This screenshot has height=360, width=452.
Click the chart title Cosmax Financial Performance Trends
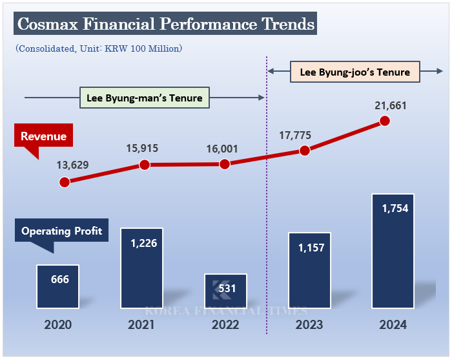click(166, 24)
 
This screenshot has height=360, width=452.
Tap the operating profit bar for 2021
click(142, 268)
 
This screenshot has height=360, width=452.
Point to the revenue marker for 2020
click(64, 182)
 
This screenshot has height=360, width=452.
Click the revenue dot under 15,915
click(145, 165)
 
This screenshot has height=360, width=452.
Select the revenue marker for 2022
click(225, 164)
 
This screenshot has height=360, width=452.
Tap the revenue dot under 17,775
click(305, 151)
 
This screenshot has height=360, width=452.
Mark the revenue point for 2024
click(385, 121)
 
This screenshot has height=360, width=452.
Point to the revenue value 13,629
click(74, 165)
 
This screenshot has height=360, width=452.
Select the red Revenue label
click(43, 136)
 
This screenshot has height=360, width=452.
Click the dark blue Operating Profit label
click(61, 231)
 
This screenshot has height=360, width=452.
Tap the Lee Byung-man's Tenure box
click(145, 98)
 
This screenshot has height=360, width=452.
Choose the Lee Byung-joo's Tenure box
click(355, 72)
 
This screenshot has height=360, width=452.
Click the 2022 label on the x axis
click(225, 324)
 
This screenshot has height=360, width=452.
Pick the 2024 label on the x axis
click(393, 324)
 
